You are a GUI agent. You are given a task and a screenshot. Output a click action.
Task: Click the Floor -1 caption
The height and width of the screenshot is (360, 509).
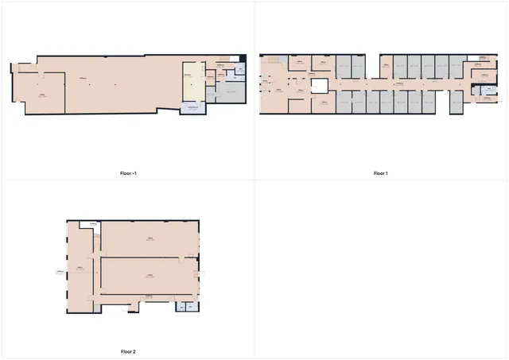(127, 172)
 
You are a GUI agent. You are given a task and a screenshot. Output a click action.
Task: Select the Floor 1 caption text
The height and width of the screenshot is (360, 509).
(380, 172)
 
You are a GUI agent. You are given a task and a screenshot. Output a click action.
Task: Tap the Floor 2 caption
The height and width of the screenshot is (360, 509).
(127, 351)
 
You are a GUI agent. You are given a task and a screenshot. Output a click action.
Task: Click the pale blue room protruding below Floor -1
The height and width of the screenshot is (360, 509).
(192, 109)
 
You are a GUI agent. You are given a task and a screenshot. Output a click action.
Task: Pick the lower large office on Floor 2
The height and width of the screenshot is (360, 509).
(149, 276)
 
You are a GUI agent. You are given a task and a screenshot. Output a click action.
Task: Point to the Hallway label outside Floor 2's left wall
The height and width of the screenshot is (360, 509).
(59, 271)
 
